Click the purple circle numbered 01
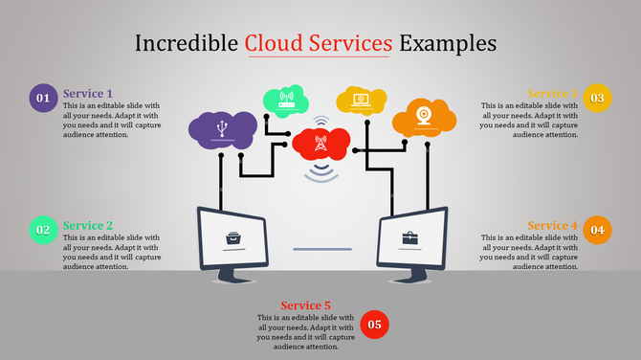[42, 98]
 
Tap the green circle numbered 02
[43, 230]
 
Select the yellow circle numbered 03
[597, 98]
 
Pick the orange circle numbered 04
[597, 230]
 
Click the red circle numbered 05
[374, 325]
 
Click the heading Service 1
[88, 93]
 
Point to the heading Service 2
[88, 225]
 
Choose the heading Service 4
[552, 225]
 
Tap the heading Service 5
[306, 305]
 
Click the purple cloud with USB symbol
[222, 129]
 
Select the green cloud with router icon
[284, 99]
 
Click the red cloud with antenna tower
[320, 145]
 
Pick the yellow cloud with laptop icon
[361, 99]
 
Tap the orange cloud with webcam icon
[424, 116]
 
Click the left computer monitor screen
[232, 236]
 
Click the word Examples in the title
[448, 43]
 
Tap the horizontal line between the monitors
[322, 249]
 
